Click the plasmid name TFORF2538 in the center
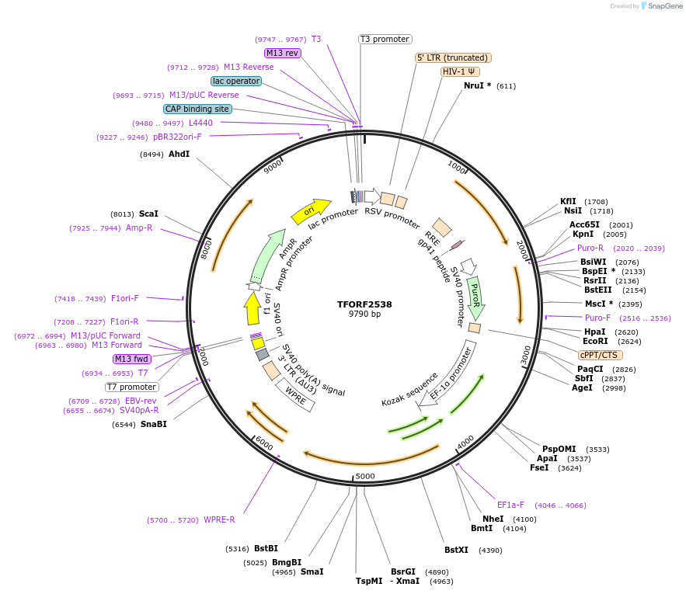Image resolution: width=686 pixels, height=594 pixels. [x=364, y=304]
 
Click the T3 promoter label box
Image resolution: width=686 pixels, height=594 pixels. [x=385, y=39]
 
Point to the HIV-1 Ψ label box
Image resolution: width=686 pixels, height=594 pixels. [x=461, y=71]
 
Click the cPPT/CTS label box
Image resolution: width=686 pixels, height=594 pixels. [x=598, y=355]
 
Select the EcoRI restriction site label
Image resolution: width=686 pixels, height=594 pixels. [x=596, y=341]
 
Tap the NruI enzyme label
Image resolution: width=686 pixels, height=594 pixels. [x=477, y=85]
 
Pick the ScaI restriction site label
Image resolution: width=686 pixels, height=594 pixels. [x=148, y=214]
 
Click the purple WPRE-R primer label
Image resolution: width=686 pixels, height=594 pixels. [x=219, y=519]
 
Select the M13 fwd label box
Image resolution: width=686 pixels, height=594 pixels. [x=131, y=359]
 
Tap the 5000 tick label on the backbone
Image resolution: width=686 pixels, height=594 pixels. [x=365, y=476]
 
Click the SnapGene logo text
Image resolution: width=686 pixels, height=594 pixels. [x=661, y=6]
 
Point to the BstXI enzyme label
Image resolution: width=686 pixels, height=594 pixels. [x=457, y=550]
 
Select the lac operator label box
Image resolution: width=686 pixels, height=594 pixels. [x=236, y=81]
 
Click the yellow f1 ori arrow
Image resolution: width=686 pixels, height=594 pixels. [x=252, y=308]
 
